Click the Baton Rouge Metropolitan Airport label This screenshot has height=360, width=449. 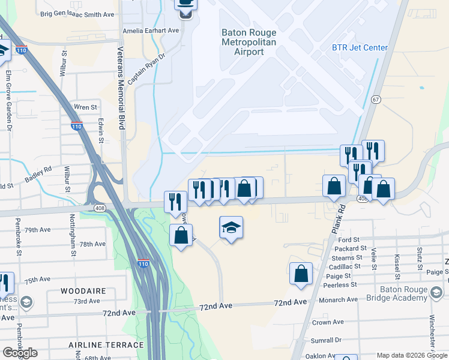tap(249, 42)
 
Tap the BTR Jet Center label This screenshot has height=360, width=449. tap(360, 47)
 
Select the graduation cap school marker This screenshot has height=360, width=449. tap(231, 228)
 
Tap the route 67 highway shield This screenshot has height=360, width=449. tap(376, 99)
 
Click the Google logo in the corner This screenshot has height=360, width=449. tap(20, 352)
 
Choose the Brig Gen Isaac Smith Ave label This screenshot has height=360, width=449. tap(77, 13)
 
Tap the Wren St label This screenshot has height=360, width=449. tap(85, 107)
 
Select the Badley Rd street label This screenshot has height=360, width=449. tap(38, 175)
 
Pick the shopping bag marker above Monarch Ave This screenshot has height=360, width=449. tap(301, 273)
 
